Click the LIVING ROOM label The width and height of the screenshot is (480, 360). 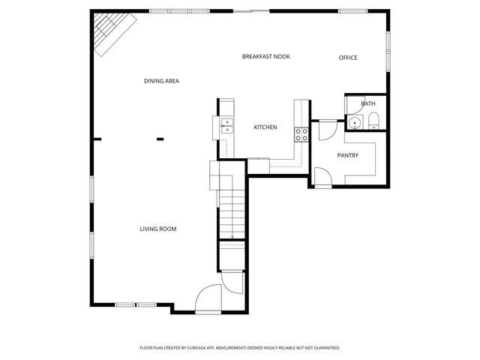[x=158, y=229]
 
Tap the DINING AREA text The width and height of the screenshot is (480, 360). [x=161, y=81]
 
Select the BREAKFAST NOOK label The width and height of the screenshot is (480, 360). [x=265, y=57]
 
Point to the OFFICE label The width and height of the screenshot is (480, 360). [x=347, y=58]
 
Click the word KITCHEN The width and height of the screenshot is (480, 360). [x=265, y=127]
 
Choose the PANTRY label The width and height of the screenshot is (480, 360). [x=347, y=155]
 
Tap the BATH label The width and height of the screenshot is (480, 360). [x=368, y=103]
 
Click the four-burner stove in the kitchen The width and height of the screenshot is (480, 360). [x=301, y=134]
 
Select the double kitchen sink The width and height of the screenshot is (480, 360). [x=226, y=125]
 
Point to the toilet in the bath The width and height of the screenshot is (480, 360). [x=373, y=121]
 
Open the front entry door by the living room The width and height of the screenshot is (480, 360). [x=208, y=299]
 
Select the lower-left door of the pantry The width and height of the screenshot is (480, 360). [x=320, y=178]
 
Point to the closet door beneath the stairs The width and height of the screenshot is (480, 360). [x=233, y=283]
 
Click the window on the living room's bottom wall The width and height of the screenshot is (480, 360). [x=135, y=304]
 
